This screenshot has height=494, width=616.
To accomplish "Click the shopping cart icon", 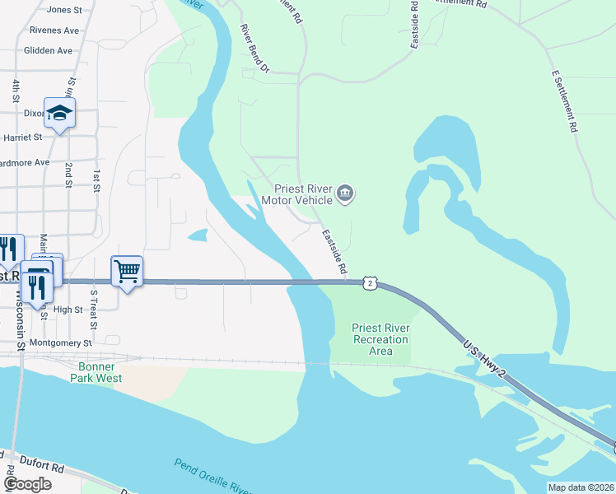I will point(127,270).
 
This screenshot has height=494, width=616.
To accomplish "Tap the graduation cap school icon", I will point(59,112).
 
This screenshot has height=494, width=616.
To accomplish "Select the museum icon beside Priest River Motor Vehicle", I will point(345,194).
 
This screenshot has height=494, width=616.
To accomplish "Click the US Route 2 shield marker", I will point(371,282).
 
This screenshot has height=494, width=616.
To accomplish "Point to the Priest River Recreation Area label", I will point(380,339).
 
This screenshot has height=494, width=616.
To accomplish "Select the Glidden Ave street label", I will point(49,50).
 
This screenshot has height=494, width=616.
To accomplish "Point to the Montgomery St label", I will point(60,343).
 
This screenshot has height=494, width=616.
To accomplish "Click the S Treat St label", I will point(94,309).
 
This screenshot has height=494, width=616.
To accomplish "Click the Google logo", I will point(27,484).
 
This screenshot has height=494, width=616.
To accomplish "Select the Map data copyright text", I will point(580,487).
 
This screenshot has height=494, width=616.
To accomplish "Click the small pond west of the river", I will point(198,235).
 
